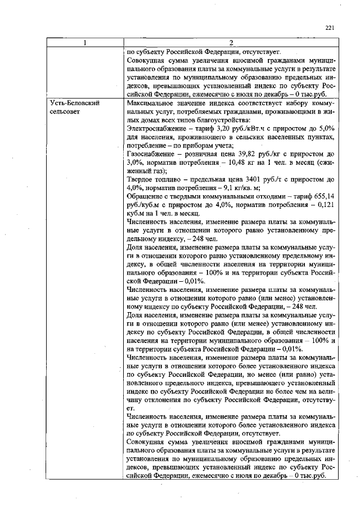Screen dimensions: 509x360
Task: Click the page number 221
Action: pyautogui.click(x=330, y=28)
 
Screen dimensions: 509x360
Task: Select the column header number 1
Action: pyautogui.click(x=85, y=42)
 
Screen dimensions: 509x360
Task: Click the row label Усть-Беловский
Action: pyautogui.click(x=71, y=104)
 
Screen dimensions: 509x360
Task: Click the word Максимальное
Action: pyautogui.click(x=151, y=104)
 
